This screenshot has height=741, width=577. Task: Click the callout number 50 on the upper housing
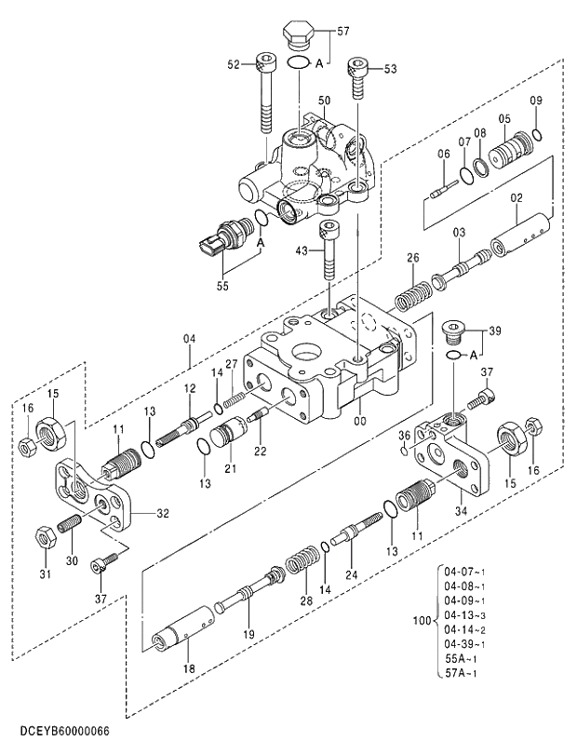pyautogui.click(x=324, y=101)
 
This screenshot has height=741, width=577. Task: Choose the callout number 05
pyautogui.click(x=503, y=119)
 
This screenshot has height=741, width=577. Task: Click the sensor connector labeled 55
pyautogui.click(x=221, y=240)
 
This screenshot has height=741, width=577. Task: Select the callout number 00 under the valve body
pyautogui.click(x=360, y=421)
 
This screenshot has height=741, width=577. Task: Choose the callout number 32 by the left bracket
pyautogui.click(x=163, y=513)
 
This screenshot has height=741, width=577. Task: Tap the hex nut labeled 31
pyautogui.click(x=44, y=537)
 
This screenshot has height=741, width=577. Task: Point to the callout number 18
pyautogui.click(x=188, y=668)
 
